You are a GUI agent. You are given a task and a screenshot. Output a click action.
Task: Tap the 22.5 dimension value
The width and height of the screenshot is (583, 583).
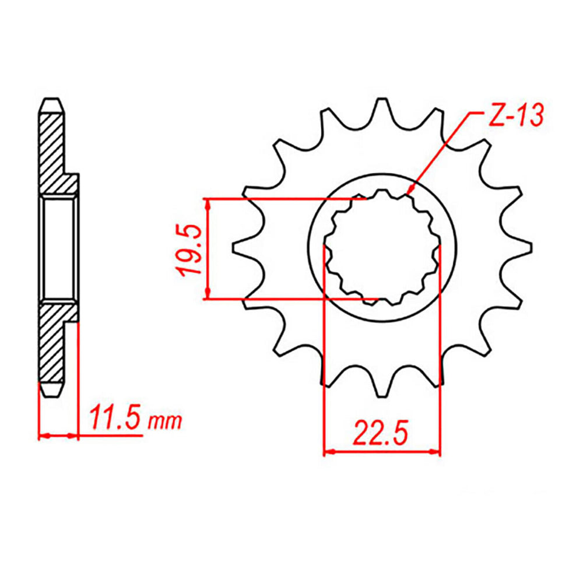(x=380, y=434)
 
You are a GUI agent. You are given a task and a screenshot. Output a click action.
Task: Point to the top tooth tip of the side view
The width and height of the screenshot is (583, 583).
(x=51, y=100)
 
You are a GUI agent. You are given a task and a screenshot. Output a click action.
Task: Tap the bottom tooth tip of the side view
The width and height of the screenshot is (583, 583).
(x=51, y=395)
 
